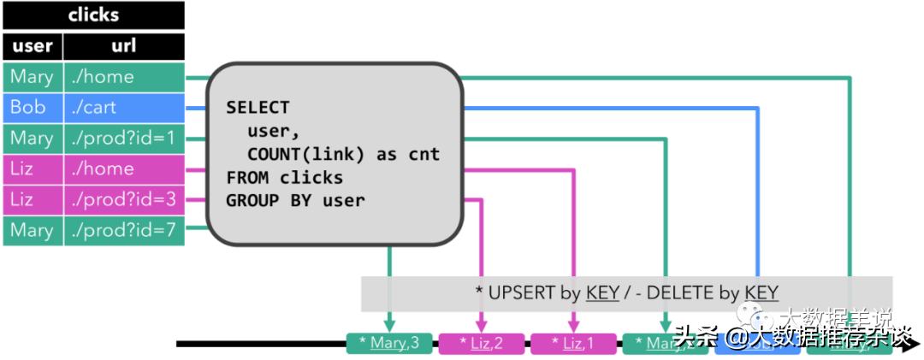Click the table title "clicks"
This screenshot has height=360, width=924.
[x=93, y=15]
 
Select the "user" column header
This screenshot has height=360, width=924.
[x=33, y=46]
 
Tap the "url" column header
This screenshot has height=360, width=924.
[x=124, y=46]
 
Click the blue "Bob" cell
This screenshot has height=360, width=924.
[x=33, y=108]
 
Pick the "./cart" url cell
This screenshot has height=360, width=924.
[x=124, y=108]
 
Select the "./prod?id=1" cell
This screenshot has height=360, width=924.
[x=124, y=139]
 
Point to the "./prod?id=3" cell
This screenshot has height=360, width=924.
[x=124, y=200]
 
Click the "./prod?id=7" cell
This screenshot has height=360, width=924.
[x=124, y=231]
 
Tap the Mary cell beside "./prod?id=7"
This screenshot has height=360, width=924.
[x=33, y=231]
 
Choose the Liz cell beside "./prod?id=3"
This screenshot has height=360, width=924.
[x=33, y=200]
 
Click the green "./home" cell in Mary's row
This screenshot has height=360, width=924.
[x=124, y=77]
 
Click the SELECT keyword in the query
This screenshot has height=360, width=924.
[x=258, y=109]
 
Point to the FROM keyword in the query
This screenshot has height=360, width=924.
[x=247, y=178]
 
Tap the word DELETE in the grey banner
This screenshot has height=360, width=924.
[x=680, y=292]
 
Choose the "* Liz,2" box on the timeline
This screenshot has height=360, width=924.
[x=481, y=344]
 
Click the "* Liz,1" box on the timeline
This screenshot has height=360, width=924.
[x=573, y=344]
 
